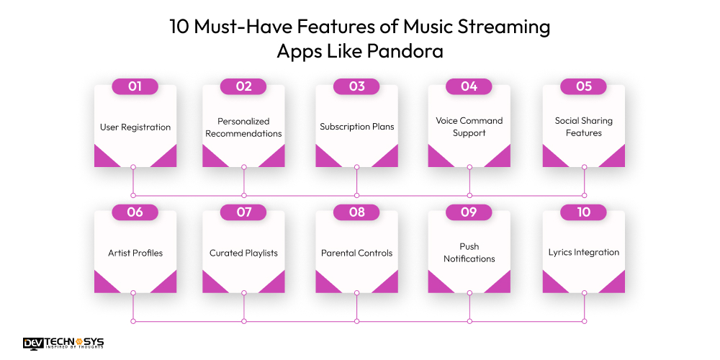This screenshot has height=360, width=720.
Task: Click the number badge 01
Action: click(135, 86)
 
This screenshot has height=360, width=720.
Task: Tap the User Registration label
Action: click(135, 127)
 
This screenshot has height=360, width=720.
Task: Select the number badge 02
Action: click(243, 86)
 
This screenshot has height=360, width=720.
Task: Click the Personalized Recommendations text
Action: click(243, 127)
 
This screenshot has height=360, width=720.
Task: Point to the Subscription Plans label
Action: click(356, 127)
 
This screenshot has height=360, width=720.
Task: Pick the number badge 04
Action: click(469, 86)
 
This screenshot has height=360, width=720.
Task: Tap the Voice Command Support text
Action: click(469, 127)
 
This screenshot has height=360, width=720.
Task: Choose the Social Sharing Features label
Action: click(583, 127)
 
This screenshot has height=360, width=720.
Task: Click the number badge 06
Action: click(135, 212)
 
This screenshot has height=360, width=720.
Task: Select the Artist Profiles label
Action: click(135, 253)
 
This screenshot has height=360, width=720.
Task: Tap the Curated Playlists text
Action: click(243, 253)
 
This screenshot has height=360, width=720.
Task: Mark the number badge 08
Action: click(356, 212)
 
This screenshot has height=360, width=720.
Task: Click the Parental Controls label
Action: click(356, 253)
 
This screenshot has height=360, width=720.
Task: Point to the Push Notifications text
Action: click(469, 253)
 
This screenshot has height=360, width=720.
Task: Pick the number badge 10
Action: click(583, 212)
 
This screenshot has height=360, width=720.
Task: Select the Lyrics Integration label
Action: click(583, 253)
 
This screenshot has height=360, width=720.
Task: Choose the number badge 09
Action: click(469, 212)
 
